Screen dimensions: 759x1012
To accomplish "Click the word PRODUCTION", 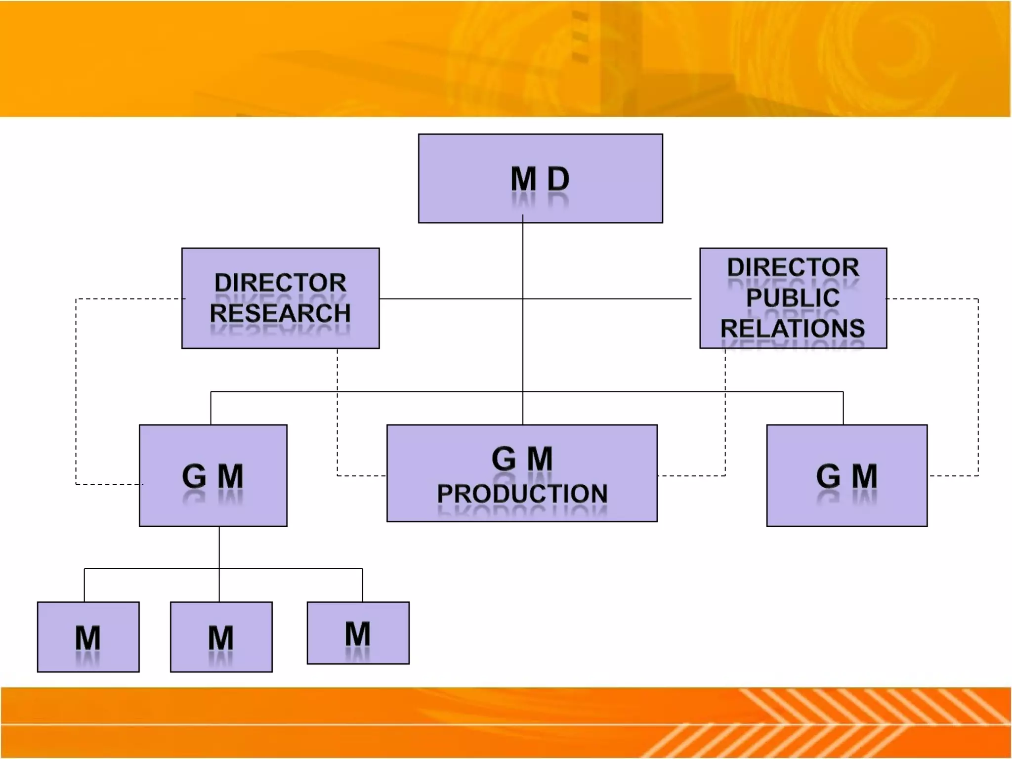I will [x=522, y=493].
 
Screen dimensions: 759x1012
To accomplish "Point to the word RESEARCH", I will [x=280, y=313].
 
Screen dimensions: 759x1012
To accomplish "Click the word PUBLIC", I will [x=793, y=297].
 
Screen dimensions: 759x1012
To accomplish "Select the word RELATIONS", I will [x=793, y=328].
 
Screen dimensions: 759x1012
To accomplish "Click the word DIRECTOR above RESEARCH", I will [x=280, y=283].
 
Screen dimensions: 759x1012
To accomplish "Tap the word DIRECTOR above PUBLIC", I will [x=793, y=267].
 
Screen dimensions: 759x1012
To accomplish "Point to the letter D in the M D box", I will [x=558, y=178].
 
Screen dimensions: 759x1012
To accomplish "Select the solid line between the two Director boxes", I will [x=450, y=298].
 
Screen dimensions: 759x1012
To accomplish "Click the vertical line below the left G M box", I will [x=219, y=548].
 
